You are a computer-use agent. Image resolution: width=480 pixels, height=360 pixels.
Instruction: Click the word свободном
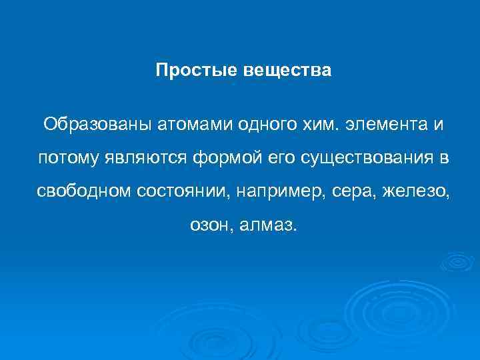click(x=85, y=193)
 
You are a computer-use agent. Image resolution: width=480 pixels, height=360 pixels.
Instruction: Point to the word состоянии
click(x=182, y=193)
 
